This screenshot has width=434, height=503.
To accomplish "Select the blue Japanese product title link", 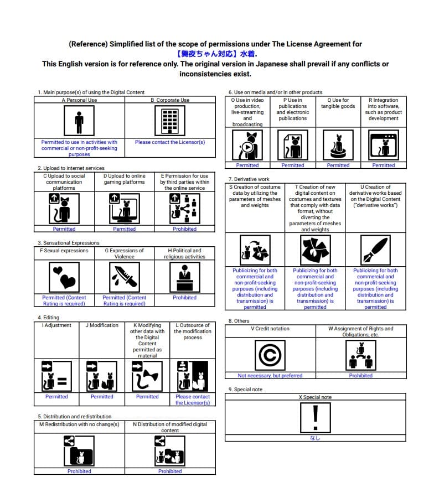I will tap(215, 54).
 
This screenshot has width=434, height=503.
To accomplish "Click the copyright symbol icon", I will tap(270, 355).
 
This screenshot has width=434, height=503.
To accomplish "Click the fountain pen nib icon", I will tap(375, 250).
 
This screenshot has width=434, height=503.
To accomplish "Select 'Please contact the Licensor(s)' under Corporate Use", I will tap(170, 142).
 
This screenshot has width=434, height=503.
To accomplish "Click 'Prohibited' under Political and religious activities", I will tap(184, 298).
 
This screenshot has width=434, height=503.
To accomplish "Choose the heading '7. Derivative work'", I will tap(249, 179).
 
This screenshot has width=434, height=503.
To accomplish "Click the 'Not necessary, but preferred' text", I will tap(270, 376).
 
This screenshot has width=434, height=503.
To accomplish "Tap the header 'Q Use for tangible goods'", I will tap(338, 103).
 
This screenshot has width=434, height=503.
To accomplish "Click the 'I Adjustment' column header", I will tap(56, 325).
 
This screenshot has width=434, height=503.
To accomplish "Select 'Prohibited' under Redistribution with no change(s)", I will tap(79, 471).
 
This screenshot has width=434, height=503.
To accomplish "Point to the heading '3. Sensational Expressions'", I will tap(69, 243).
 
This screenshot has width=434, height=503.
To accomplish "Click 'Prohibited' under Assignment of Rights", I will tap(361, 376).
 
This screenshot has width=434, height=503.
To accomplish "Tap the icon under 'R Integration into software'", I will tap(383, 146).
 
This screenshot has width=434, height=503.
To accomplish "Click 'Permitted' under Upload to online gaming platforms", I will tap(124, 229).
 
